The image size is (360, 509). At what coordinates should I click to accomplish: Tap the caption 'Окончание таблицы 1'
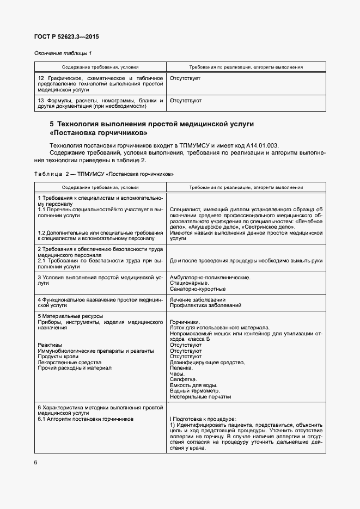pos(64,53)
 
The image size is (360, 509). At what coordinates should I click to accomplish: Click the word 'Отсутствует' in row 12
pos(185,79)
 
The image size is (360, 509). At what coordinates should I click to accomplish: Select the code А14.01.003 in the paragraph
pos(261,145)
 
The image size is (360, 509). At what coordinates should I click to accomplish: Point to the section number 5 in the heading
pos(52,124)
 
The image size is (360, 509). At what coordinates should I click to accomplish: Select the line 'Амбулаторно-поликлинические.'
pos(210,278)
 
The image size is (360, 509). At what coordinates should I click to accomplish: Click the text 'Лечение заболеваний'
pos(197,300)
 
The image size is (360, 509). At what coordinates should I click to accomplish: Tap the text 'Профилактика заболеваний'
pos(205,306)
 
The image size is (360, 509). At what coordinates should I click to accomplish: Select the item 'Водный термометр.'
pos(194,391)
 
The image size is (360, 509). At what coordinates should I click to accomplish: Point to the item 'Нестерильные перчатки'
pos(200,397)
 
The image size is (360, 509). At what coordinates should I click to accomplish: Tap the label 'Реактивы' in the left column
pos(50,345)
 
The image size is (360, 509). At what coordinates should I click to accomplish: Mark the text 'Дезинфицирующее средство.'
pos(206,362)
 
